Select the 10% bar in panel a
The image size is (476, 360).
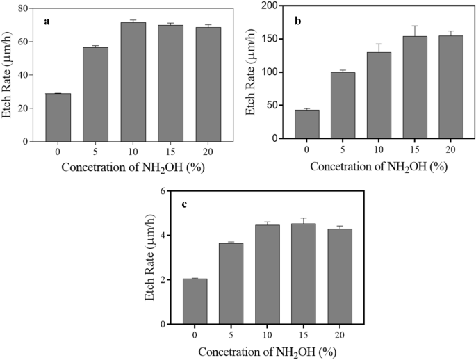pos(133,82)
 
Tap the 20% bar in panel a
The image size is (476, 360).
pos(208,84)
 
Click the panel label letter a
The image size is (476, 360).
pos(47,22)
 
